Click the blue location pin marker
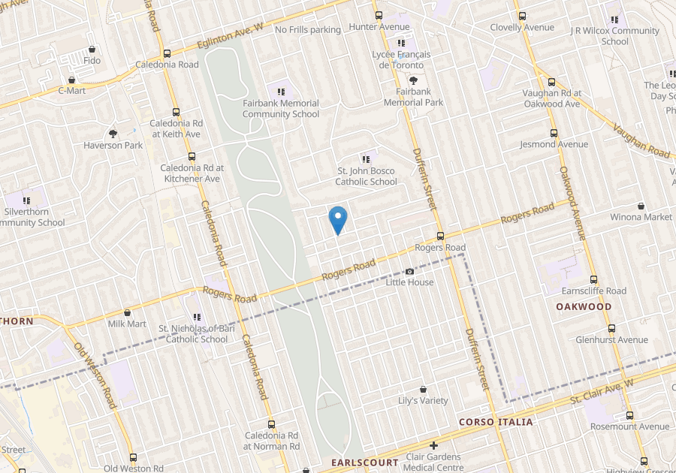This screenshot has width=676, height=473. (338, 219)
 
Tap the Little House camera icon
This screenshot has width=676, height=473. (409, 271)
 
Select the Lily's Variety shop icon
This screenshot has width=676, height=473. (423, 390)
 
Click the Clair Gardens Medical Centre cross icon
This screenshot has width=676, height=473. (433, 446)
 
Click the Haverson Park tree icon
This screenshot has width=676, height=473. (113, 134)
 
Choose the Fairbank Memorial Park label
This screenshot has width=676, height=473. (413, 97)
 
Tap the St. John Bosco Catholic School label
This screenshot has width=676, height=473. (366, 176)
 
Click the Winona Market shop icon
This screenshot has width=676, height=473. (641, 206)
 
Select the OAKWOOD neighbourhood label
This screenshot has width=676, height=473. (584, 306)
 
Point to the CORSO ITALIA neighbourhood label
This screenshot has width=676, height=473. (496, 422)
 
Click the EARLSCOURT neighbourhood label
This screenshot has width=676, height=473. (364, 462)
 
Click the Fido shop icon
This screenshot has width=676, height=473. (92, 49)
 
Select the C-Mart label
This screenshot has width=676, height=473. (72, 90)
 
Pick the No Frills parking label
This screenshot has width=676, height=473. (307, 29)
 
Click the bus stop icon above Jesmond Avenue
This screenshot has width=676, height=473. (554, 132)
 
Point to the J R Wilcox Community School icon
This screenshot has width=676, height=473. (614, 20)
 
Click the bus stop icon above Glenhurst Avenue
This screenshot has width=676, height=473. (611, 328)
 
